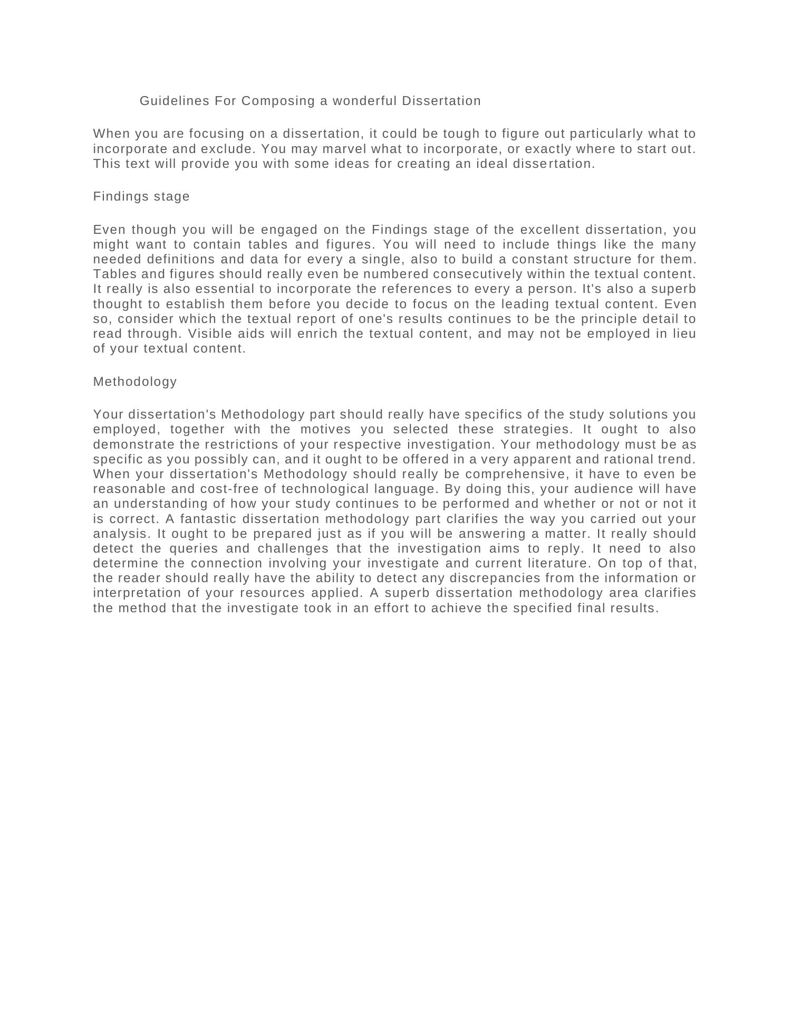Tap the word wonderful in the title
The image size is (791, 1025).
click(x=364, y=101)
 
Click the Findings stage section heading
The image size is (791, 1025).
click(x=141, y=196)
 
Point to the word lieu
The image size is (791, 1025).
click(x=684, y=334)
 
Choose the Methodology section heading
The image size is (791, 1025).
click(x=135, y=382)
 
